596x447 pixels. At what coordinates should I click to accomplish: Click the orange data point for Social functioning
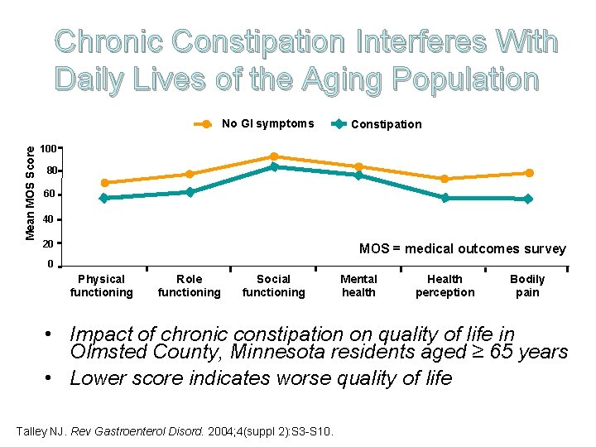click(x=274, y=156)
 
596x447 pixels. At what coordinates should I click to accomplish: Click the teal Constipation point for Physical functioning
click(x=103, y=198)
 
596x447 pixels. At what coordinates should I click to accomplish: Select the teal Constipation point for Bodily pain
click(x=527, y=199)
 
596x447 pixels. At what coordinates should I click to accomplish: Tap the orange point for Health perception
click(x=445, y=179)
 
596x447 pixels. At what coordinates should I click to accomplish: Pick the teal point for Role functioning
click(x=190, y=192)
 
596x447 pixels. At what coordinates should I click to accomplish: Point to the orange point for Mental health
click(x=358, y=167)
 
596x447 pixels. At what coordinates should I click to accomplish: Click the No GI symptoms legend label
click(x=267, y=124)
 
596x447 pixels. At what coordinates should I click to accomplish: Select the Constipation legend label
click(x=386, y=124)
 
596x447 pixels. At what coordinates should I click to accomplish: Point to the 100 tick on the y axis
click(x=49, y=149)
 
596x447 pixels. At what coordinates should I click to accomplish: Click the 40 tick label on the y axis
click(x=49, y=219)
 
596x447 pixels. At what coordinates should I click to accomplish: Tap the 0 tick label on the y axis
click(x=50, y=264)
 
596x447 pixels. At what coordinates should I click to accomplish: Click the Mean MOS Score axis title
click(x=31, y=193)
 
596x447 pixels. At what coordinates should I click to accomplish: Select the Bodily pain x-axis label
click(x=527, y=286)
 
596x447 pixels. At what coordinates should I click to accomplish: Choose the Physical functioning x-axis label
click(x=101, y=286)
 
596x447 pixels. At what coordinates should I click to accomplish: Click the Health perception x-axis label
click(x=445, y=286)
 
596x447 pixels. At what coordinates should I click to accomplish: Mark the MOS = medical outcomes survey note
click(x=462, y=248)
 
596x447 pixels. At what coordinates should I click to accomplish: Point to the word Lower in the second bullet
click(x=96, y=378)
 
